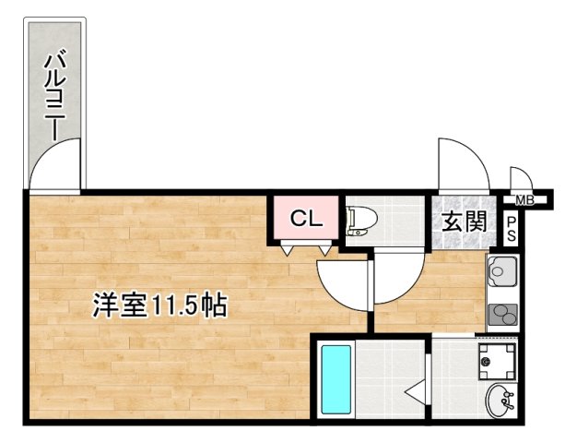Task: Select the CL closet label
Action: pos(305,219)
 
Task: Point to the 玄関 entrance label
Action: pos(464,222)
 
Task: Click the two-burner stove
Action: pos(502,313)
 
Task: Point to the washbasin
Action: pos(501,401)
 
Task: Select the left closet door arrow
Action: pos(288,249)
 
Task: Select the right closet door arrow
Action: pos(325,249)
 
